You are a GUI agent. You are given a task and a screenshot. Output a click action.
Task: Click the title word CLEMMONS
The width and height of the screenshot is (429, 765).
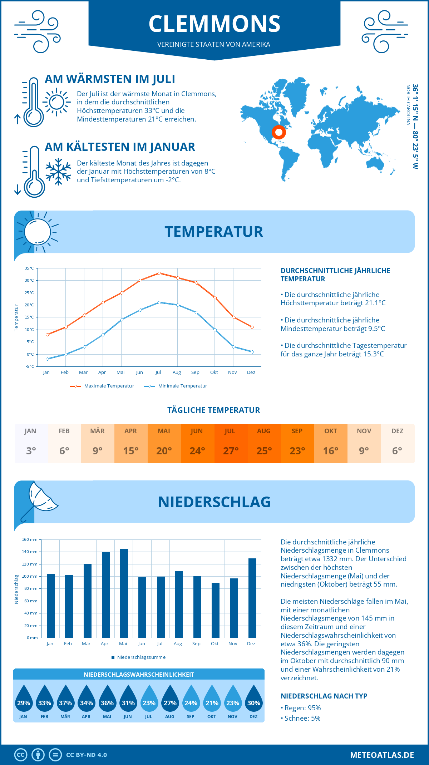tap(214, 24)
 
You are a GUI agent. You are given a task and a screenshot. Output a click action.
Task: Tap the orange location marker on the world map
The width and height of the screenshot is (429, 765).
tap(278, 132)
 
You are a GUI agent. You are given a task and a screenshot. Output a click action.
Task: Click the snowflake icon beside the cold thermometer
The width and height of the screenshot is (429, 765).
tap(58, 172)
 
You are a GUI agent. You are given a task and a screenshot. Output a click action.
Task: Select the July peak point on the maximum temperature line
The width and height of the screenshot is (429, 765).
tap(159, 273)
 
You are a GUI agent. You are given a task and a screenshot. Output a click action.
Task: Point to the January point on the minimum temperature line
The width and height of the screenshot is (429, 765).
tap(47, 359)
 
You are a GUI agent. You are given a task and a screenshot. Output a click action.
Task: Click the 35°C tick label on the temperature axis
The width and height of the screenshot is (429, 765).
tap(29, 268)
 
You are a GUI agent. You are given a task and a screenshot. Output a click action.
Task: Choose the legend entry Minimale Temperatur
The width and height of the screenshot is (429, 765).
tap(182, 386)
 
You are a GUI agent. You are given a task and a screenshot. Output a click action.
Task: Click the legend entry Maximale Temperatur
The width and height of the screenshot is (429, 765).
tap(109, 386)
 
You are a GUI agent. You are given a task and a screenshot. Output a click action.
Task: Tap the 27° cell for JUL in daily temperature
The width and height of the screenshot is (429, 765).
tap(231, 451)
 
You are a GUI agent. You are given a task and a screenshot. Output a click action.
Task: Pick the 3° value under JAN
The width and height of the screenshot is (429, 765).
tap(31, 451)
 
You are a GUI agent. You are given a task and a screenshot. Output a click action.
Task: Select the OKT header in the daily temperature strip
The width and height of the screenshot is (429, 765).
tap(330, 431)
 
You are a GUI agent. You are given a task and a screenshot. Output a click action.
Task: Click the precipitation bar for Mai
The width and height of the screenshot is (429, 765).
tap(124, 593)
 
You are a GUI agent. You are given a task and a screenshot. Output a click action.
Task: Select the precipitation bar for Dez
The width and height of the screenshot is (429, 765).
tap(252, 598)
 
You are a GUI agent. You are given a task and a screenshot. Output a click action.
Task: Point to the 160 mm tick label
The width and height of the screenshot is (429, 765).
tap(30, 540)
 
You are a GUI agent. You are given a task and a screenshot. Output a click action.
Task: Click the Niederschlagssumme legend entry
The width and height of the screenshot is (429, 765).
tap(141, 657)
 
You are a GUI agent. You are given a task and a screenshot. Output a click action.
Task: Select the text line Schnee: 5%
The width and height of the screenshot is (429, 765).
tap(302, 718)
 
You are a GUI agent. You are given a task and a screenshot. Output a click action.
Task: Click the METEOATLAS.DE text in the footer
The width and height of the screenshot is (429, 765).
tap(382, 755)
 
